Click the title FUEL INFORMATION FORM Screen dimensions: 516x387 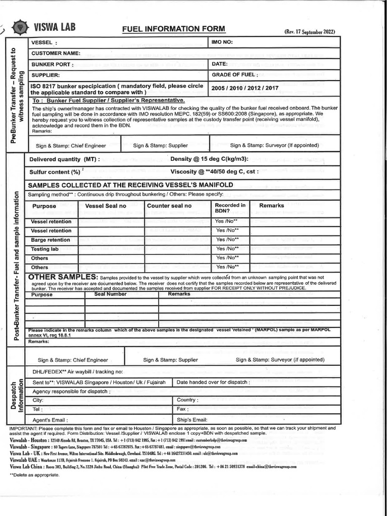173,29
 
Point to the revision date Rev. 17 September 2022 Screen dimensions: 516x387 309,32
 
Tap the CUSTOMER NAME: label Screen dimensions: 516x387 56,53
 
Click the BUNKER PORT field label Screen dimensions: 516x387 52,64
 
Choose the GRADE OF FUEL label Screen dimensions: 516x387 235,75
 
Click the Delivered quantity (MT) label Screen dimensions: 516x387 64,159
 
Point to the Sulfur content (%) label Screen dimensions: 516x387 55,171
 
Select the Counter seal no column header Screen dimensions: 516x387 169,206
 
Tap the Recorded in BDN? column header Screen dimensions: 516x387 230,208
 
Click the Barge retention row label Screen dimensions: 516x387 50,240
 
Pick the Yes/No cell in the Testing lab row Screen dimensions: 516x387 227,249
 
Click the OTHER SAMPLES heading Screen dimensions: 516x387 62,277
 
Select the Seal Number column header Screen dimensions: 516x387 110,294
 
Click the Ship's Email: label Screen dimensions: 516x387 192,420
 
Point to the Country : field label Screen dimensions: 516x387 188,400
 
